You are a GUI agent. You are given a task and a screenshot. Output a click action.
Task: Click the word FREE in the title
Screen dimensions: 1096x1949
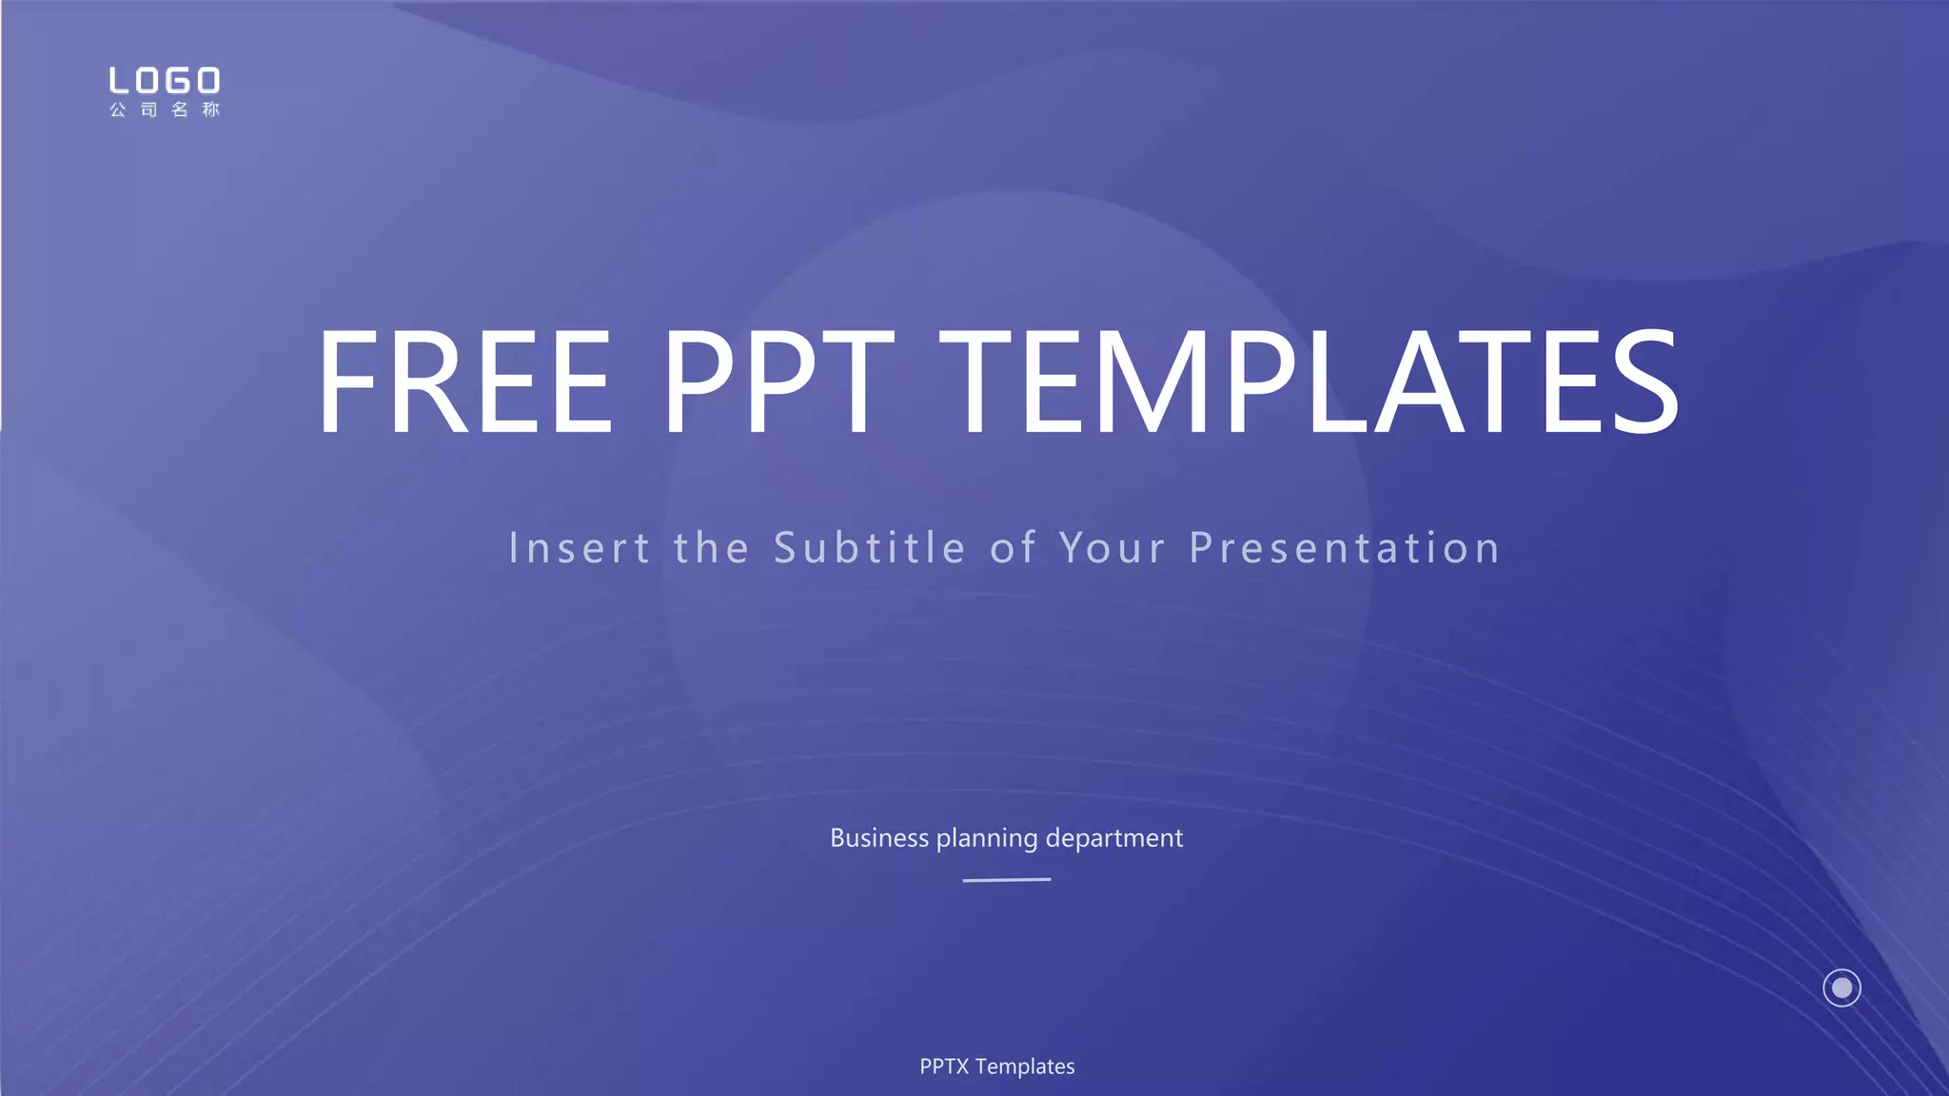464,381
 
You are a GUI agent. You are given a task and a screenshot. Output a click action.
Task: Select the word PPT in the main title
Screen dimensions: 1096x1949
778,381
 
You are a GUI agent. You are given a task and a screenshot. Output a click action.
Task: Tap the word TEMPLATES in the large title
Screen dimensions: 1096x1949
1309,381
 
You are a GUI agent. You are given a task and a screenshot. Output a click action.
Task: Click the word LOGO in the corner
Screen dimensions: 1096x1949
165,81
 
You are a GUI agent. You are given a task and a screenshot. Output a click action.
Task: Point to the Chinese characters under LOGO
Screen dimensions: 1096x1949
165,109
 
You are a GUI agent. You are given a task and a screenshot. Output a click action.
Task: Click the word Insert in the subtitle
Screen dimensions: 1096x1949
580,548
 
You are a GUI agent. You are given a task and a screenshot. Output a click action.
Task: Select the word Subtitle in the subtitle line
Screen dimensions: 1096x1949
870,548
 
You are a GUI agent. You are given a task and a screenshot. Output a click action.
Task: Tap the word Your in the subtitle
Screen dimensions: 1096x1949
1112,548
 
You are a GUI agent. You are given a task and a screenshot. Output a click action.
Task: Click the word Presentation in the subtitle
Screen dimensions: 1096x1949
1345,548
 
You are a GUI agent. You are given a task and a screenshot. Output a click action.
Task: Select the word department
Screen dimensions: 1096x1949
1113,838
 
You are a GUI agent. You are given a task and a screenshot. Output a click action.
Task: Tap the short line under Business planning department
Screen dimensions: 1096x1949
1007,880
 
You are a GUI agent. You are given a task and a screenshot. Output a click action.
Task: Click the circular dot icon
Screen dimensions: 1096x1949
1841,988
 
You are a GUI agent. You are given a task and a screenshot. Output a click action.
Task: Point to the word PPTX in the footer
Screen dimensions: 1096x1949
944,1067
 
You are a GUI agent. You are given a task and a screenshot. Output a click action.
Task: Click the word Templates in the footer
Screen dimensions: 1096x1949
1025,1067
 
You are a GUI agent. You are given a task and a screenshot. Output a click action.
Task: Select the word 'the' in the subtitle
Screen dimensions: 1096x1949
712,548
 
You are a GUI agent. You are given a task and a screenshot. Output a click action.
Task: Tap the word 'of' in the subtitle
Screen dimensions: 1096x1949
1013,548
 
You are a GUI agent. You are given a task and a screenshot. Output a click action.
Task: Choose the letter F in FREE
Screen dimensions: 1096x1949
346,381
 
